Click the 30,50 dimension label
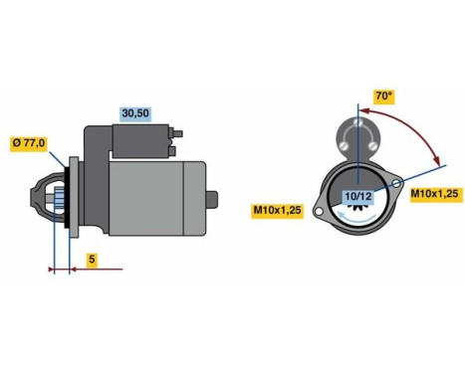[x=134, y=113]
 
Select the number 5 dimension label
[x=91, y=260]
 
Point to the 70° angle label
[x=382, y=96]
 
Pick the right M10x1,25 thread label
[x=435, y=193]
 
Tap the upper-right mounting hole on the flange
[x=397, y=185]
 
